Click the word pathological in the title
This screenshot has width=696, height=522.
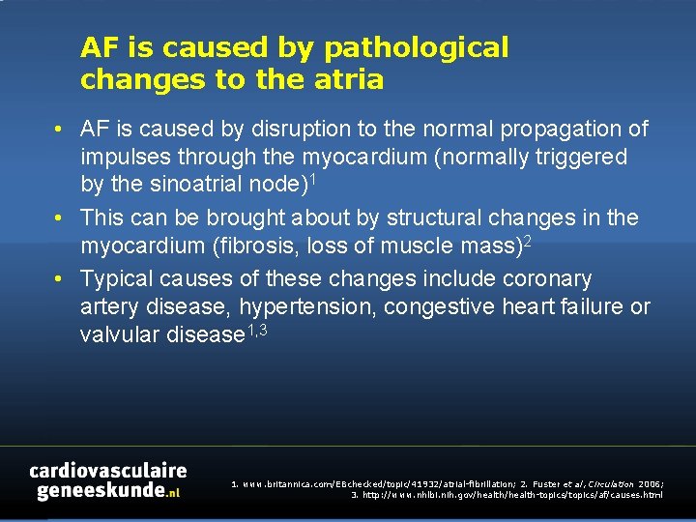coord(417,47)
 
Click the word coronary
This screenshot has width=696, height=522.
coord(547,278)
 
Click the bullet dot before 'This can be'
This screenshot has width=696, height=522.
coord(59,218)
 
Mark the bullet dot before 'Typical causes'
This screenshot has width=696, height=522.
coord(59,279)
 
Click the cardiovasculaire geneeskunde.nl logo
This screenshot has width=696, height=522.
coord(107,480)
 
